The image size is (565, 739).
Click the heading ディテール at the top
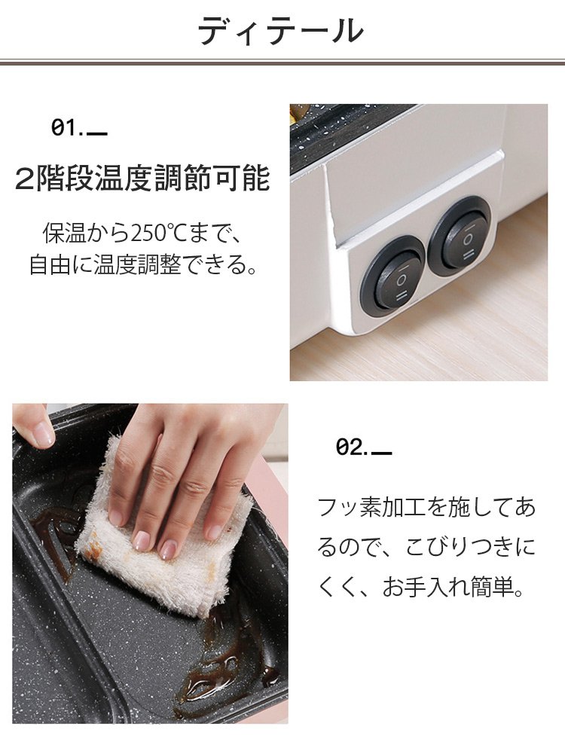coord(281,31)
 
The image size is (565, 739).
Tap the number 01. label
coord(67,127)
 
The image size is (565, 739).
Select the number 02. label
coord(352,446)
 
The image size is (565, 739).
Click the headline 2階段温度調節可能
coord(142,178)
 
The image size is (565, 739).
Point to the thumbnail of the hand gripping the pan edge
coord(43,435)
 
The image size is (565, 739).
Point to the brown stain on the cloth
coord(93,547)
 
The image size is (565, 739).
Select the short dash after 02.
coord(382,453)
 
